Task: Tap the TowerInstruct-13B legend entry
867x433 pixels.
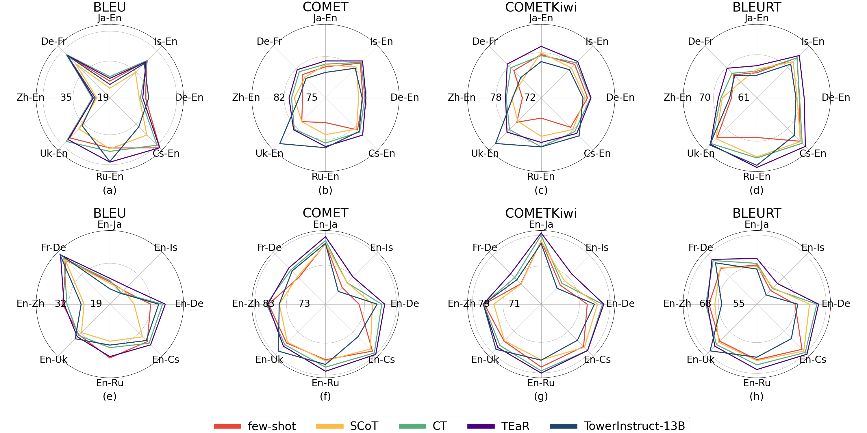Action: coord(617,426)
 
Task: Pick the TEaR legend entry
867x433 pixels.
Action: coord(498,426)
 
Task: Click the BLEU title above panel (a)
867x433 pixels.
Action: coord(110,7)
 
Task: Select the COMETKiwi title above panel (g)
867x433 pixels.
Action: coord(541,213)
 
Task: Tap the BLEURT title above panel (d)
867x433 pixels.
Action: coord(757,7)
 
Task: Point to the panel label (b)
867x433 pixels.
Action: coord(325,190)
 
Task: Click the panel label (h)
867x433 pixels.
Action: coord(756,396)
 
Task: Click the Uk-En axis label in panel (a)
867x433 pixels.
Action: coord(54,154)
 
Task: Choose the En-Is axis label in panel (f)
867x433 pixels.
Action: coord(381,248)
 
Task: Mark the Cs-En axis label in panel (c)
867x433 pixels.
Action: coord(597,154)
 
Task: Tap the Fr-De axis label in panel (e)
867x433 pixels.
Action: coord(54,248)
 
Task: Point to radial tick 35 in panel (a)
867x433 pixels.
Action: coord(66,98)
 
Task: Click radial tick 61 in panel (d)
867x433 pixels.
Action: coord(744,98)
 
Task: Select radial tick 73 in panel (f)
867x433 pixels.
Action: coord(304,304)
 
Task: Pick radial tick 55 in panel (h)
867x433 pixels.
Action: coord(739,304)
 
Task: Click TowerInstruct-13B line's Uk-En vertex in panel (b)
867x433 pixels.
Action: coord(280,144)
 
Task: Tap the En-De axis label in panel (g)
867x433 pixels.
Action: coord(620,304)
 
